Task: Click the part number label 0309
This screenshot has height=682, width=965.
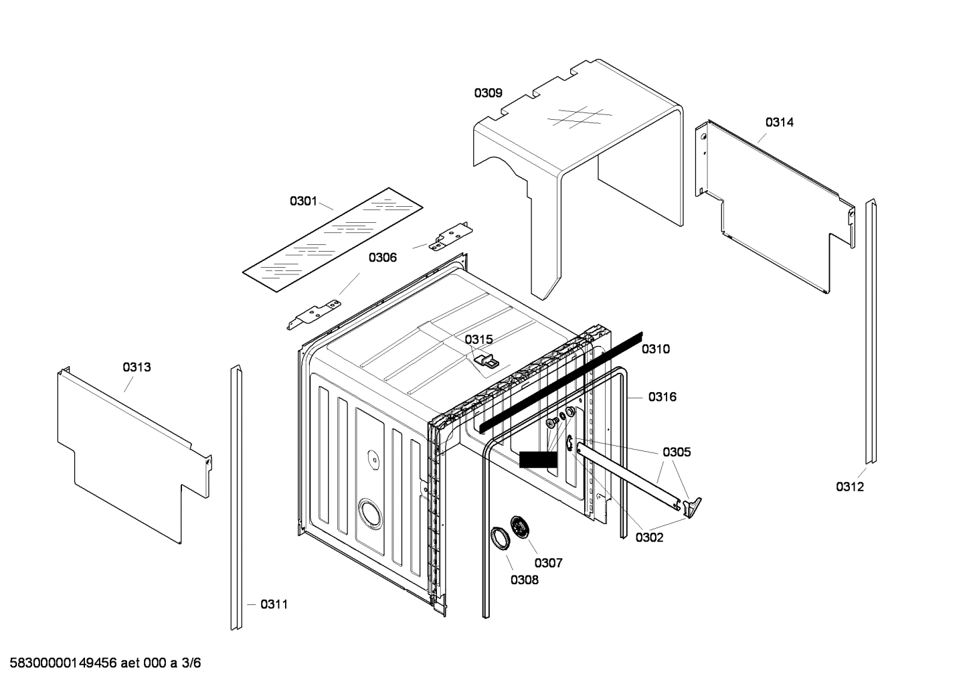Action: [x=488, y=93]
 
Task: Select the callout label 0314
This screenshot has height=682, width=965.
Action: [x=779, y=122]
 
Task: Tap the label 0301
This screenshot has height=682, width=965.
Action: [x=303, y=201]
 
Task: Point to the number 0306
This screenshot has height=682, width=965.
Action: [x=382, y=257]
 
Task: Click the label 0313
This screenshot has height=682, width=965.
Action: [x=137, y=367]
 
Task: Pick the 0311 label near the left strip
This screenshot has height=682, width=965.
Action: [x=274, y=604]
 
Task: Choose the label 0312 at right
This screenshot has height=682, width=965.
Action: [x=849, y=487]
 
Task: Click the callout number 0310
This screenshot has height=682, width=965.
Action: [x=655, y=349]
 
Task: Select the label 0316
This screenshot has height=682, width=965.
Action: [x=662, y=397]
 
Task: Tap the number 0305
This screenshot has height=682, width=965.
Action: [x=677, y=452]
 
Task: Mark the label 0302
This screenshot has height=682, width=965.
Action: [x=649, y=537]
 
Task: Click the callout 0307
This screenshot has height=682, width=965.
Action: [x=548, y=563]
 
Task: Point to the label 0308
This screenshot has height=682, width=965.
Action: [x=524, y=580]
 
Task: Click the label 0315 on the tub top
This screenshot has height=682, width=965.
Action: [x=478, y=339]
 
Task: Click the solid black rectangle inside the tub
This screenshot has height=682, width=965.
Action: [x=537, y=459]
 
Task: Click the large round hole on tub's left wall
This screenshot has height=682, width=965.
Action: [x=368, y=513]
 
